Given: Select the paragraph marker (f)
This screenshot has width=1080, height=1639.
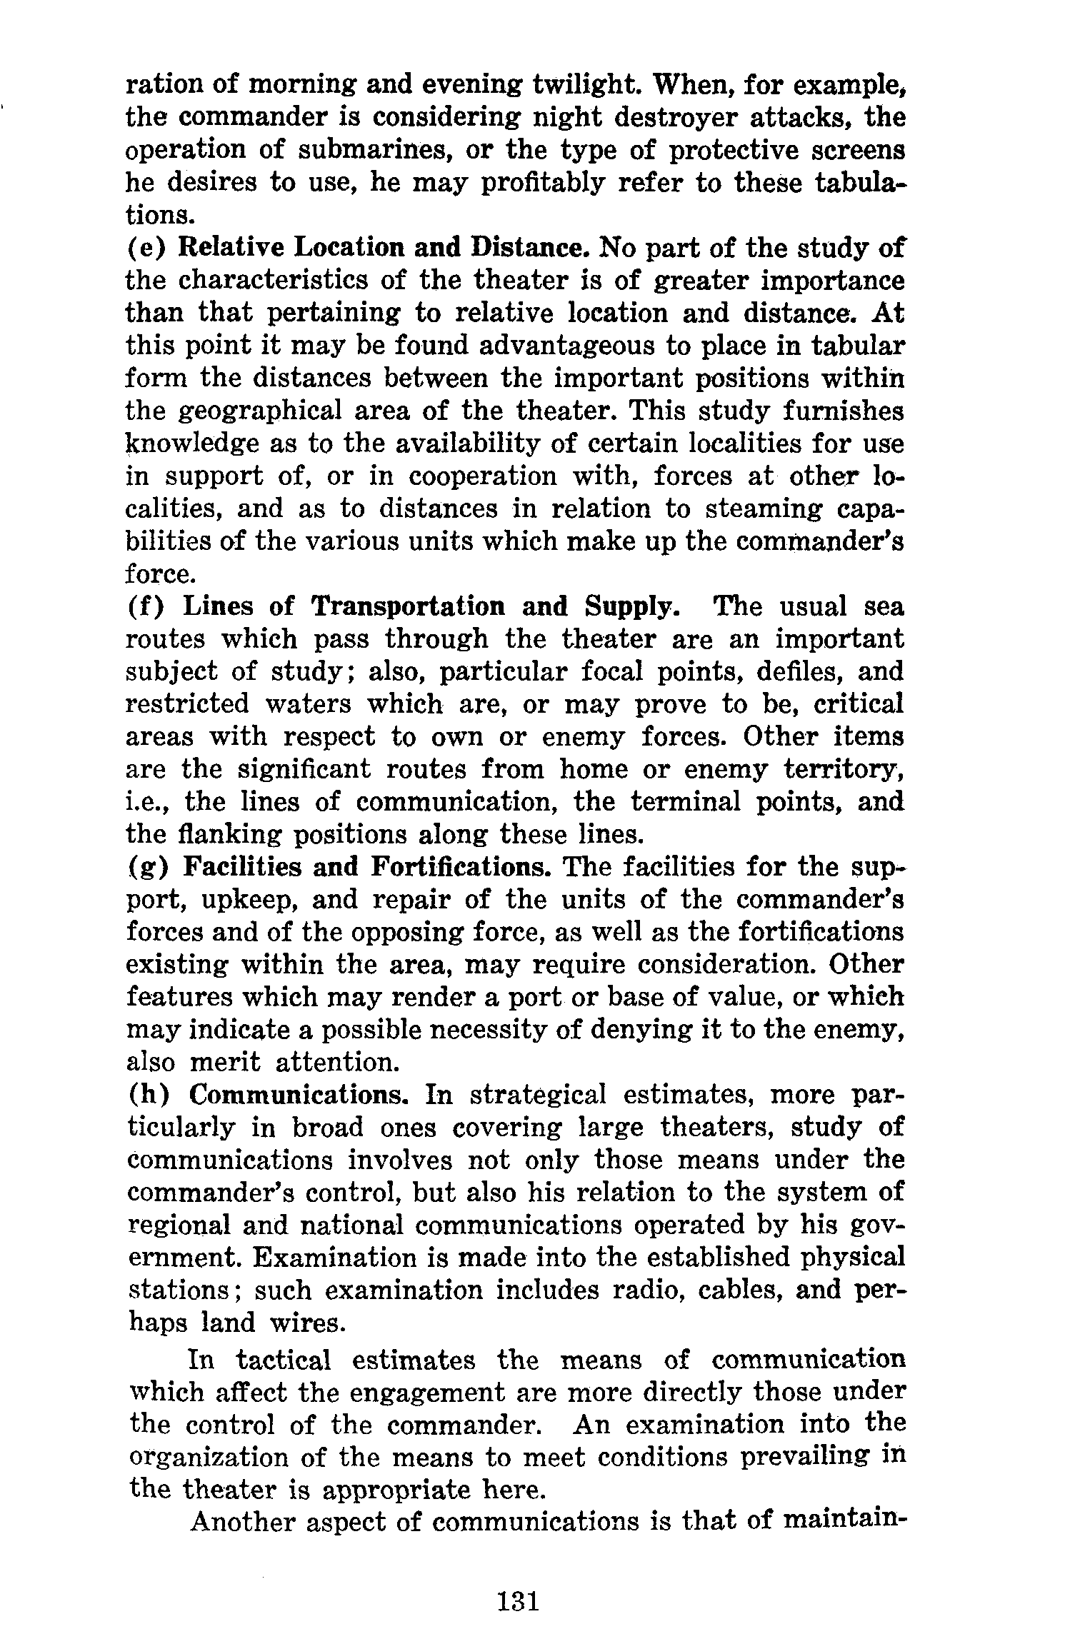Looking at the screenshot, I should [x=146, y=607].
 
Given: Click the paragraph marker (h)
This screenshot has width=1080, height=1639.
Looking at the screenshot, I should [x=148, y=1095].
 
